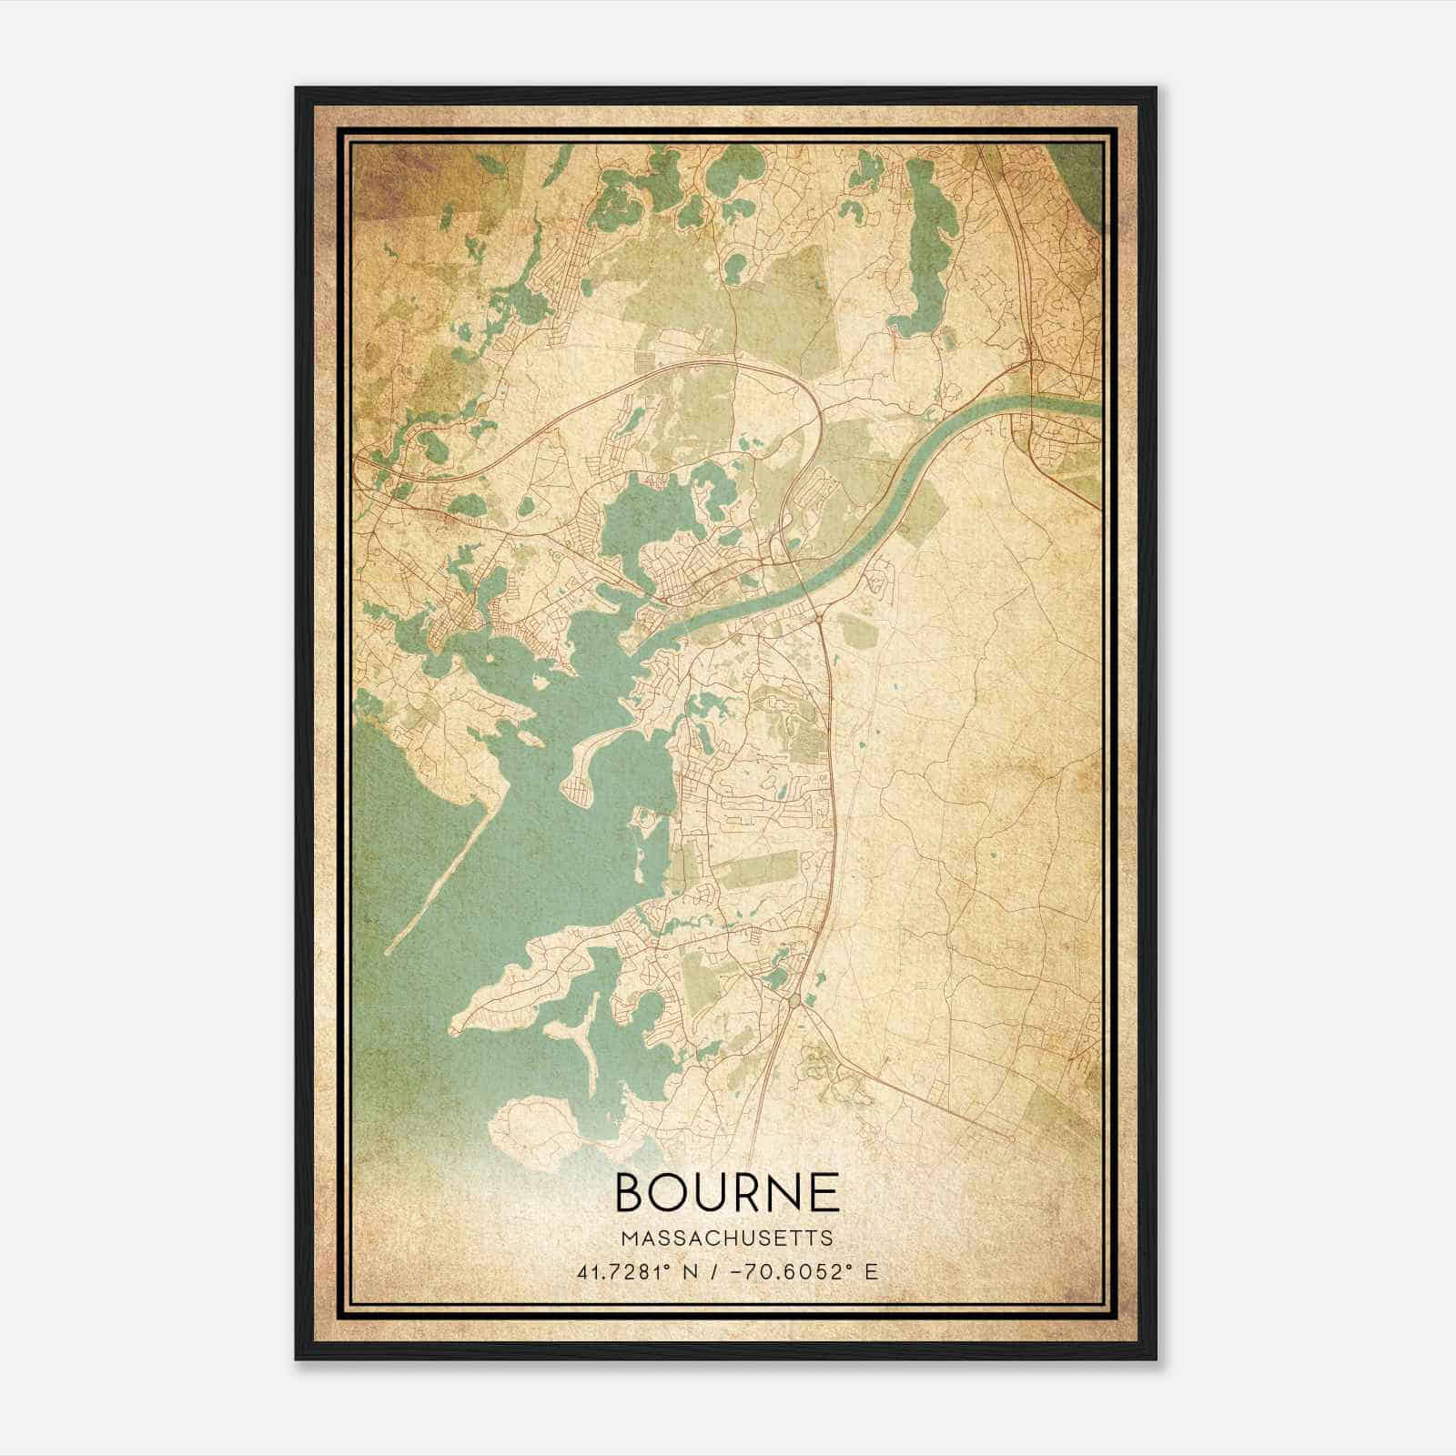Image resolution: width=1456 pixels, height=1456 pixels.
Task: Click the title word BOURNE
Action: click(x=727, y=1193)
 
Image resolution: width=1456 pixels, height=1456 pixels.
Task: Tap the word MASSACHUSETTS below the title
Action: click(x=727, y=1239)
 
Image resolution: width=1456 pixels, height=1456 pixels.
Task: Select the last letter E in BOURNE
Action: click(x=824, y=1193)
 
